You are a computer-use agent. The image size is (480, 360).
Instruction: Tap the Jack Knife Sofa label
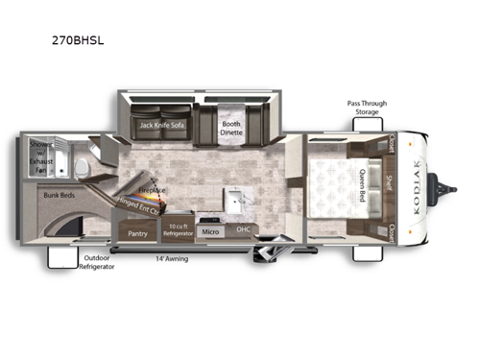(x=161, y=125)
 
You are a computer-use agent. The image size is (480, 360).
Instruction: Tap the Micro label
(x=212, y=231)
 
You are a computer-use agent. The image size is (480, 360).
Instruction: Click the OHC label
(x=244, y=231)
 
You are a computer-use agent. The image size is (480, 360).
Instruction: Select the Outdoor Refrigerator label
(x=98, y=261)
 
